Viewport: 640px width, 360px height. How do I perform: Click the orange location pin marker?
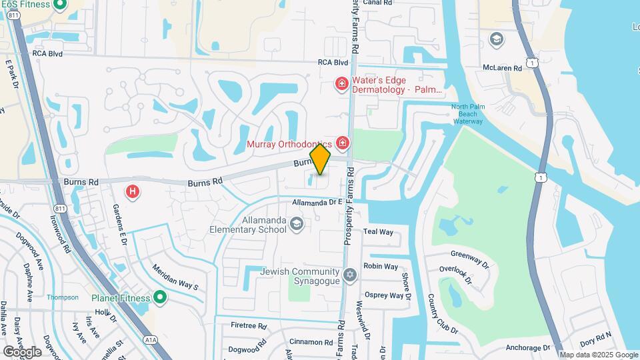[x=321, y=159]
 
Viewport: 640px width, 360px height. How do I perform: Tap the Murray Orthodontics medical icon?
[x=343, y=143]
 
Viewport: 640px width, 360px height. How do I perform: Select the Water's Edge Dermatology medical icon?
[x=341, y=83]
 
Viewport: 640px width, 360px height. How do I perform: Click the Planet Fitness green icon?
[x=159, y=297]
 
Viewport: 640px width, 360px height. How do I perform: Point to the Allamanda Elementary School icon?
[x=296, y=225]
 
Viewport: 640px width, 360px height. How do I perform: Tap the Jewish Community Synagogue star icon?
[x=349, y=275]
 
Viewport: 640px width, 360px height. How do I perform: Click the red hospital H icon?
[x=133, y=192]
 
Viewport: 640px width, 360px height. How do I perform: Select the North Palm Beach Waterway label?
[x=467, y=114]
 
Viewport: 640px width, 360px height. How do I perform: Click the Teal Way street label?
[x=378, y=232]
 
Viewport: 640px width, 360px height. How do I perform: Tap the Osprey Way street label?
[x=383, y=295]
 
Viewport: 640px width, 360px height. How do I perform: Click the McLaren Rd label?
[x=502, y=68]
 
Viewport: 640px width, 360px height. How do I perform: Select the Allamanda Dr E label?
[x=317, y=202]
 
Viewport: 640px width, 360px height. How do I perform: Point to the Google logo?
[x=21, y=351]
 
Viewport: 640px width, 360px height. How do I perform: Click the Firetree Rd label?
[x=248, y=327]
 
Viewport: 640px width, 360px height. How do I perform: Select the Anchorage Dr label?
[x=527, y=348]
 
